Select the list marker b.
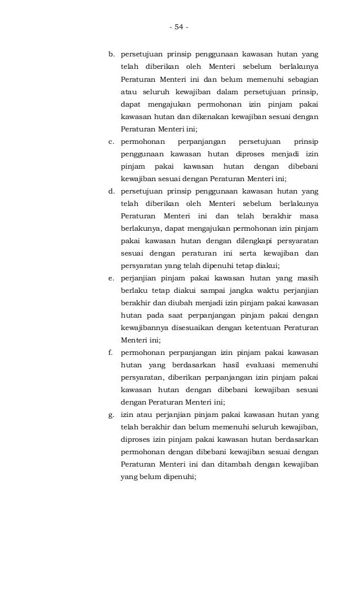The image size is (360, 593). [111, 55]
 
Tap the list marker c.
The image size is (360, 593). [111, 142]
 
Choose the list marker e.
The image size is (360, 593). [111, 278]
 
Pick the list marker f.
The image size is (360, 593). [111, 353]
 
